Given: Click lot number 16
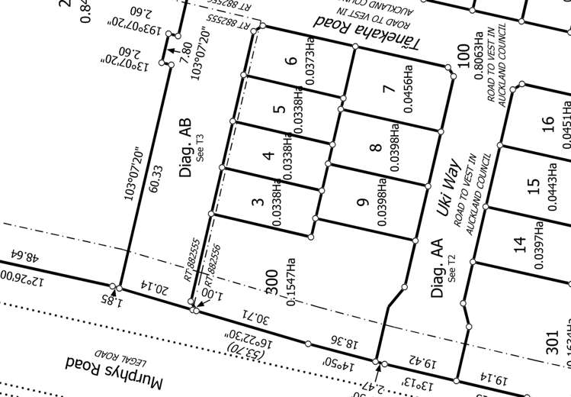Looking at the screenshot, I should pos(547,124).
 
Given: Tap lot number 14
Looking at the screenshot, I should pos(520,244).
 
